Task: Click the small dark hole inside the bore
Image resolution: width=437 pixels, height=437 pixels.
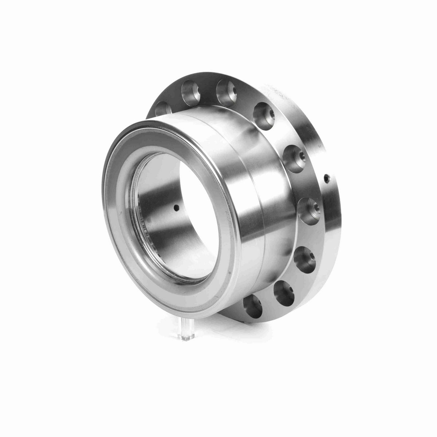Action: click(x=176, y=208)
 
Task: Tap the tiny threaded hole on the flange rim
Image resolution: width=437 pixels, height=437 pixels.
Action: click(x=326, y=178)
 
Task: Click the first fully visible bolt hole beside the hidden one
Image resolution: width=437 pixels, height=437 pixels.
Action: click(x=189, y=88)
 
